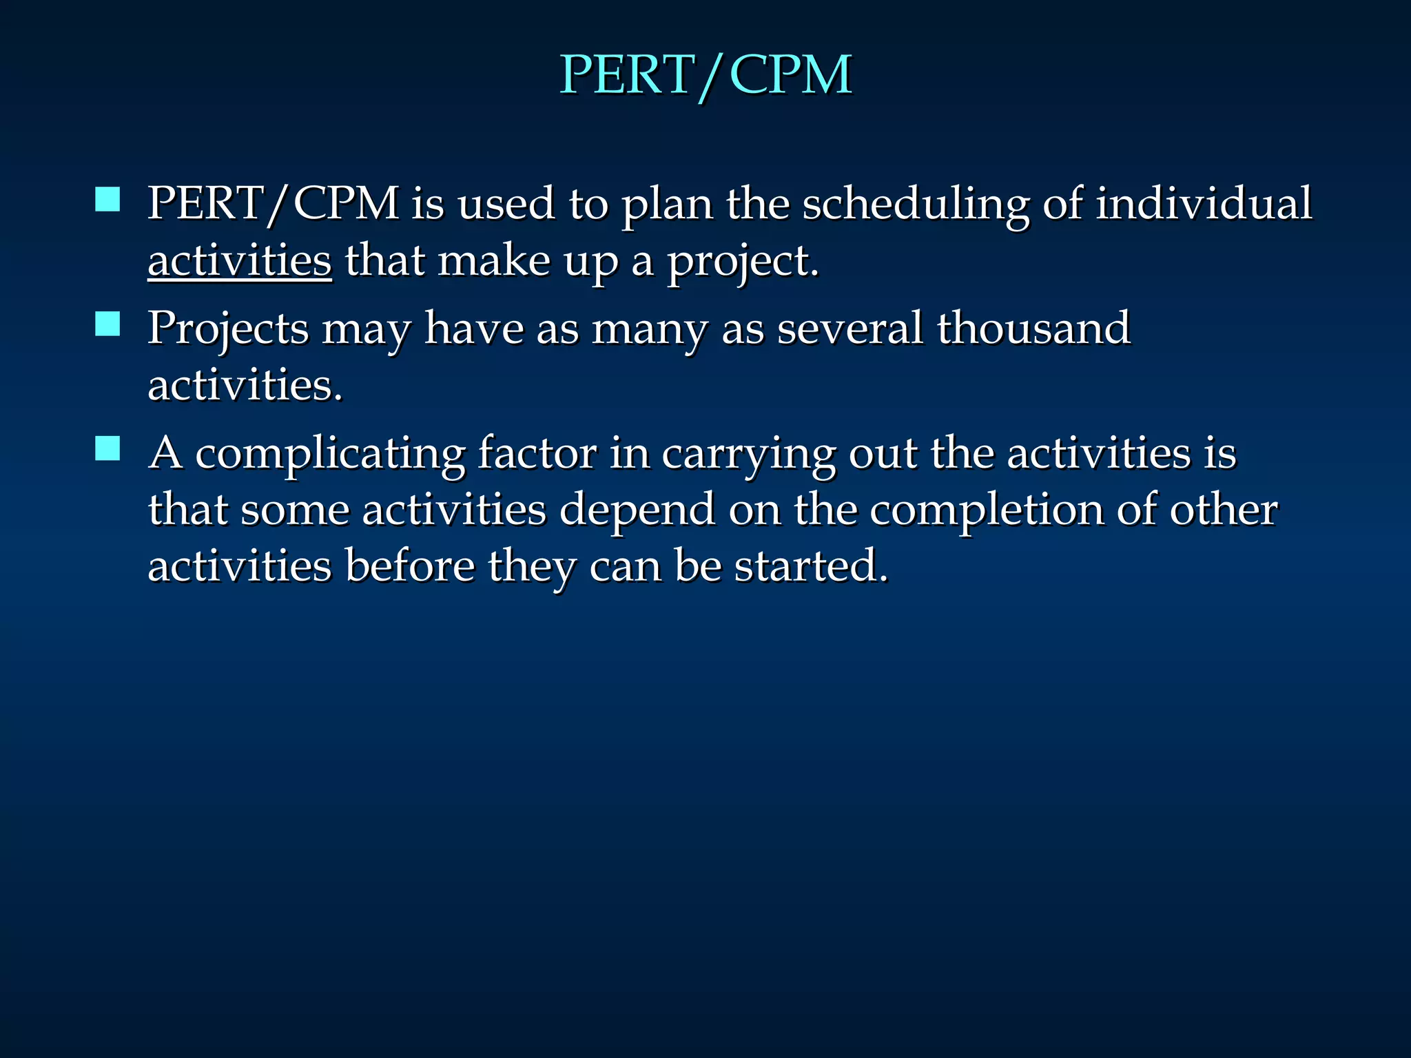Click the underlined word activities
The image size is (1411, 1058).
(240, 262)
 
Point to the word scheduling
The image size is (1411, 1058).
(916, 205)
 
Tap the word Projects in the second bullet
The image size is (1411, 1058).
(228, 329)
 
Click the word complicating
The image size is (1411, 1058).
(330, 455)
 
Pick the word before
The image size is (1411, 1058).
(410, 566)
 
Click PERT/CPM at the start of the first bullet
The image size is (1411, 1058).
(274, 205)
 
